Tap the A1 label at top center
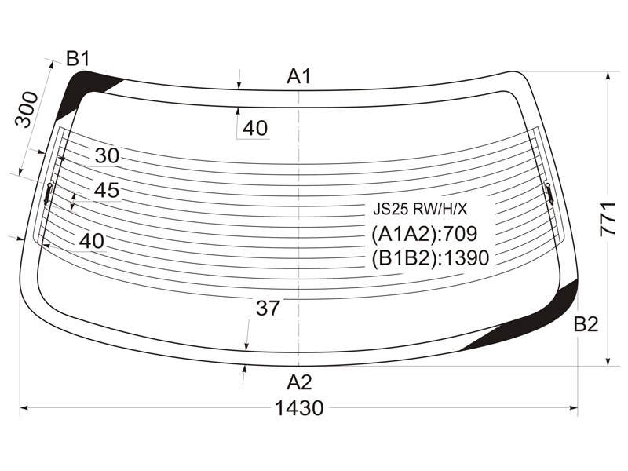[299, 76]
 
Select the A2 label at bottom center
[299, 382]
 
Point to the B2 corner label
[586, 324]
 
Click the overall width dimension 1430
[299, 408]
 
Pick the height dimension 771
[608, 219]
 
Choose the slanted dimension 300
[27, 109]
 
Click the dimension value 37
[268, 308]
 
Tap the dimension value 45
[107, 190]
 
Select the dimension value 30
[108, 155]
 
